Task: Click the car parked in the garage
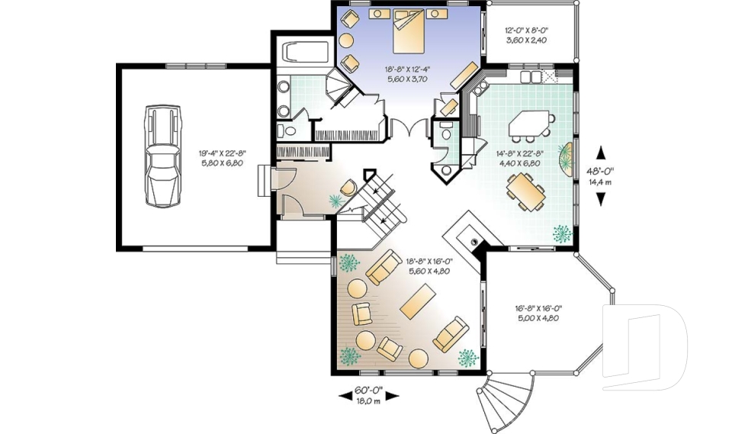[162, 156]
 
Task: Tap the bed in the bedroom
[409, 31]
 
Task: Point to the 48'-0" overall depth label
[600, 171]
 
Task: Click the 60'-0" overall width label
[369, 389]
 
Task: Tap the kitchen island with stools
[531, 125]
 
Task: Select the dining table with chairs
[525, 191]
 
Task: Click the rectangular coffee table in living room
[418, 301]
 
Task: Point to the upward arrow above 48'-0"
[601, 153]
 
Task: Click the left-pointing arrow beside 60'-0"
[345, 396]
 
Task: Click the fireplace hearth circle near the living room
[474, 242]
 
